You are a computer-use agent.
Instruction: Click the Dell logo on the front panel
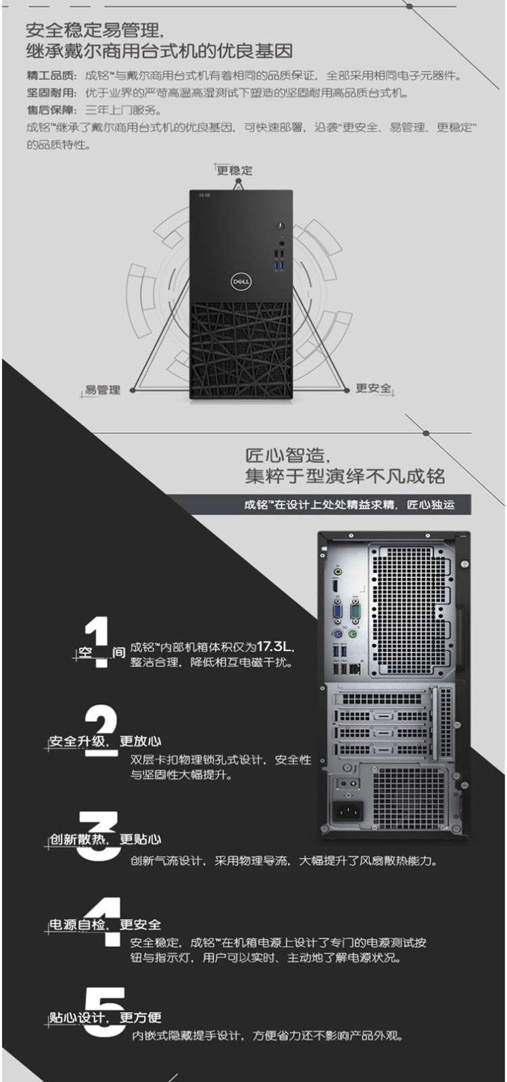241,281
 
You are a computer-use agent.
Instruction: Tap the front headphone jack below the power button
281,244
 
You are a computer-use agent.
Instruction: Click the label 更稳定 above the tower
235,170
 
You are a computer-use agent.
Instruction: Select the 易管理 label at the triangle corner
102,390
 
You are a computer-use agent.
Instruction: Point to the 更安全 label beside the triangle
373,388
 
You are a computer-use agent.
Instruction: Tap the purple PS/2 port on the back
338,634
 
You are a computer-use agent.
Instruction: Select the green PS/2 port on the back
353,634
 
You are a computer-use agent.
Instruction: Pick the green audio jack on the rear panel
338,572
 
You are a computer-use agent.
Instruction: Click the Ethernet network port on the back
356,669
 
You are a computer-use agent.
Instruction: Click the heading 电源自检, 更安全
105,924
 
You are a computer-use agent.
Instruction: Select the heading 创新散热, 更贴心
105,839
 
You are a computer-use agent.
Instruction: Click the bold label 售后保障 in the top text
51,110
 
